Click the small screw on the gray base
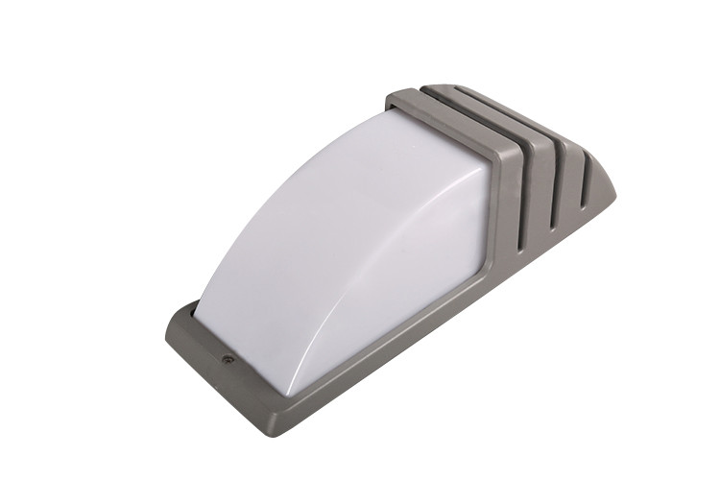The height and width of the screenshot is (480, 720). click(228, 359)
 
